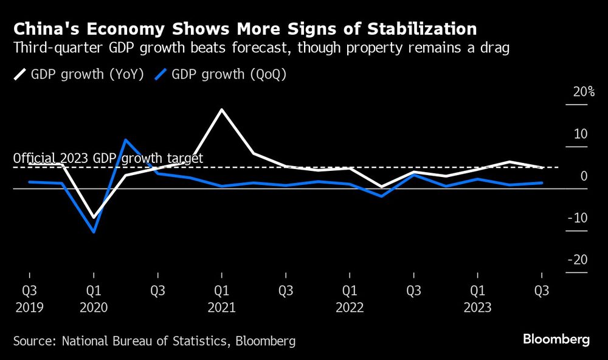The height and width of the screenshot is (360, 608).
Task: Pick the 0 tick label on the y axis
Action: tap(584, 176)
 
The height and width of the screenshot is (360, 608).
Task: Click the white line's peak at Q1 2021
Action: tap(221, 109)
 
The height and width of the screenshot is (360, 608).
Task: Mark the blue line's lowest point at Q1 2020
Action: tap(94, 232)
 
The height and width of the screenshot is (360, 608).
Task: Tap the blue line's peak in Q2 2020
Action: tap(125, 140)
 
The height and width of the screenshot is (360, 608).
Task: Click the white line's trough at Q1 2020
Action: tap(94, 218)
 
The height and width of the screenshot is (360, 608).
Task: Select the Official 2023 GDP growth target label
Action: tap(108, 158)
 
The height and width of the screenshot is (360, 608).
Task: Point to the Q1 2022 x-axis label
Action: tap(349, 291)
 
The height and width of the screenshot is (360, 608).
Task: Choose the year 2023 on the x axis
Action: tap(477, 307)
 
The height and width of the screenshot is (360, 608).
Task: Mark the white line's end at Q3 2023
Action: tap(541, 167)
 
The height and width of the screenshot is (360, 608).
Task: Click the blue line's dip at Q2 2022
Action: tap(381, 196)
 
